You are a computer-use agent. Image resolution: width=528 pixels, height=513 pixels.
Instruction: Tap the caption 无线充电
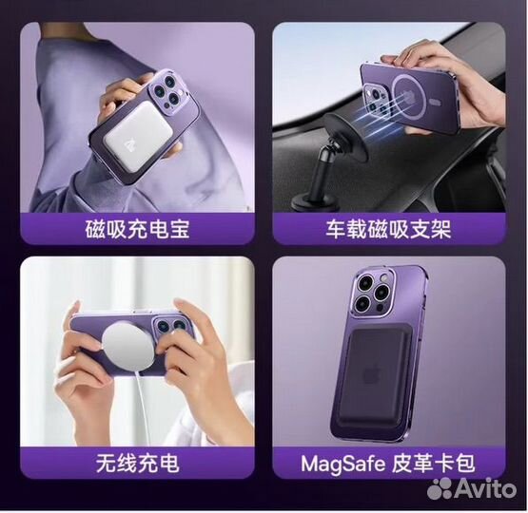(x=138, y=463)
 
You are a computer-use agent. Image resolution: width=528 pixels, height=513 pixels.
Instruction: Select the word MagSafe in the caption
(x=343, y=464)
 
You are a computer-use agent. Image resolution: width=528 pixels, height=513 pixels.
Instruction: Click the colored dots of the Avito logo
(x=440, y=488)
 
